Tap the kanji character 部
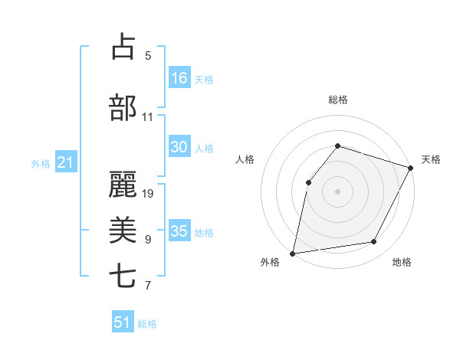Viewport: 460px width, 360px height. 123,107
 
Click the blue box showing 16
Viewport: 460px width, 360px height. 179,78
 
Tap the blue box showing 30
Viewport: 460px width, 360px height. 179,148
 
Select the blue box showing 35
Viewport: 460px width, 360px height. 179,231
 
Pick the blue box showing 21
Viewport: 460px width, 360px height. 65,162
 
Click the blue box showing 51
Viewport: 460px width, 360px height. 123,322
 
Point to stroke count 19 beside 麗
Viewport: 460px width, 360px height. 149,193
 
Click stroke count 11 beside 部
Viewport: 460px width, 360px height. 148,117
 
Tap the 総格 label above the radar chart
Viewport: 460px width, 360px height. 338,100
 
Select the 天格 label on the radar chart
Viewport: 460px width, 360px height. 431,159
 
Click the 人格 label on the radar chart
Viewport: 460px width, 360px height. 245,159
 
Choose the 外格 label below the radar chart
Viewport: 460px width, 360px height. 270,263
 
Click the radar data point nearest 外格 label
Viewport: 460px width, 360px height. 293,253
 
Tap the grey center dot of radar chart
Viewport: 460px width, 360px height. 337,191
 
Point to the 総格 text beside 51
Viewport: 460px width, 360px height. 147,324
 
